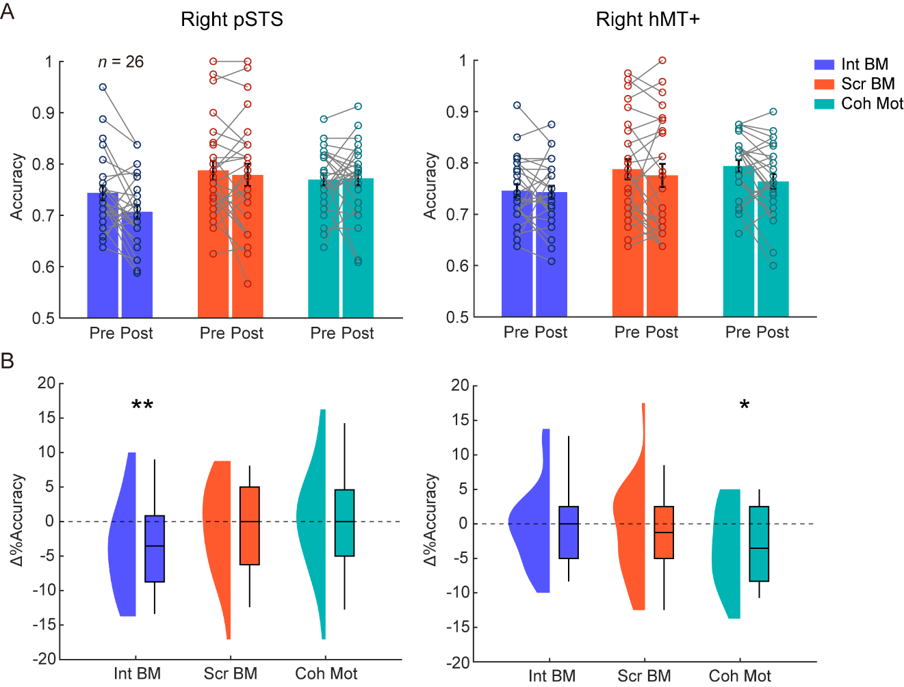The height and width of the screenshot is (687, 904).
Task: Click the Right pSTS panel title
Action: (231, 20)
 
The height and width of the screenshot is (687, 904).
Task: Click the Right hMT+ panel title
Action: (647, 20)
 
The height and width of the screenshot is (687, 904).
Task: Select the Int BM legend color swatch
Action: (824, 65)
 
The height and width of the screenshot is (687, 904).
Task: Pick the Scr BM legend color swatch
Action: (824, 84)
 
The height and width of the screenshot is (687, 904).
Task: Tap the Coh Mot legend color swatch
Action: (824, 104)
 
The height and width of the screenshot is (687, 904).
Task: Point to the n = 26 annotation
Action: (120, 62)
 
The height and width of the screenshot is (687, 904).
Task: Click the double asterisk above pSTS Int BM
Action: (142, 405)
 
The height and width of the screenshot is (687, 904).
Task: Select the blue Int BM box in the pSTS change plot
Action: (155, 549)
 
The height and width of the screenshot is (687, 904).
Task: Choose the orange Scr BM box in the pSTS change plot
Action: (250, 526)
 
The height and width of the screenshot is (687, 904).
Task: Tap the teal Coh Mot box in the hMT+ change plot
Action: (759, 543)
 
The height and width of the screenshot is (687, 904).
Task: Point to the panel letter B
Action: (8, 361)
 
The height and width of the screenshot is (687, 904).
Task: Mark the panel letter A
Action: (8, 12)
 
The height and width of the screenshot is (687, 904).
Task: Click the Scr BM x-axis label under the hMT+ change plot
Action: (644, 676)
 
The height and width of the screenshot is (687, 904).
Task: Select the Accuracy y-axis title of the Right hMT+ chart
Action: (430, 186)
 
